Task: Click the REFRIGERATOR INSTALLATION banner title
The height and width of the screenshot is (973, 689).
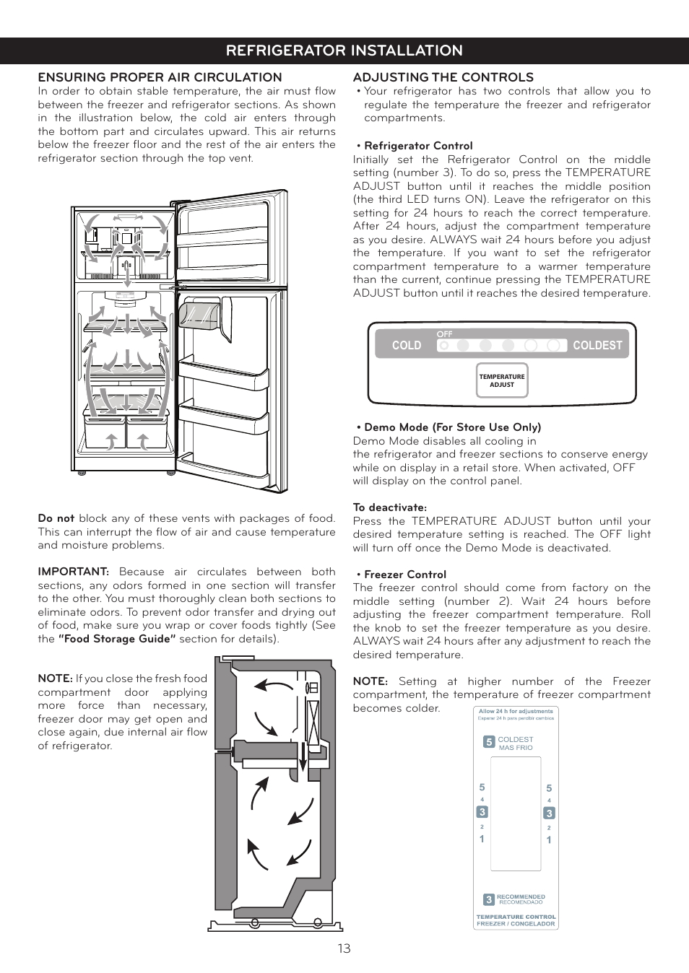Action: coord(344,51)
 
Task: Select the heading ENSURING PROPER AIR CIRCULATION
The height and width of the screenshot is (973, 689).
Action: coord(160,77)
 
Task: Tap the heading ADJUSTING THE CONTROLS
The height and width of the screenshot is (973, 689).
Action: coord(443,77)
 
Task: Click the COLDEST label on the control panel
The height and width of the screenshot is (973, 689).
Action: coord(597,346)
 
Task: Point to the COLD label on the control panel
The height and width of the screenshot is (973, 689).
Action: coord(406,346)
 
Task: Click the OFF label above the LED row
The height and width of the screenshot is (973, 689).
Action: coord(444,334)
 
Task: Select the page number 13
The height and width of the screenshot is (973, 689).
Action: coord(344,948)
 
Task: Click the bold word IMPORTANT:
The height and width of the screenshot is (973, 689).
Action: coord(73,572)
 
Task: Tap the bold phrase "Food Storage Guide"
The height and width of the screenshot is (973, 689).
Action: coord(117,639)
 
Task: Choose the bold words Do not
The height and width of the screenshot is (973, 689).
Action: coord(56,518)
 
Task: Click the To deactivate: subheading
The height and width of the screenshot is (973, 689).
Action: coord(389,507)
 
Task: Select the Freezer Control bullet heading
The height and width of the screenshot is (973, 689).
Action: coord(405,575)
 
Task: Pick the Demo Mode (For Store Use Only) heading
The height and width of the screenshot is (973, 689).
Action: coord(452,427)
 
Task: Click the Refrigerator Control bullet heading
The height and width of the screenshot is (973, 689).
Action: coord(418,146)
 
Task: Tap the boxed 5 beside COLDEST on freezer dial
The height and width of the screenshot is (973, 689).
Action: coord(489,742)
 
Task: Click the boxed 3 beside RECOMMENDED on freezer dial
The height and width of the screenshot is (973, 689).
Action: coord(489,899)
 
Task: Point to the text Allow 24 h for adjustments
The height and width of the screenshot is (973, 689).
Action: coord(516,711)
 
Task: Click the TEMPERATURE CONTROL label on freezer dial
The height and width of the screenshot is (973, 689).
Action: coord(516,917)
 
